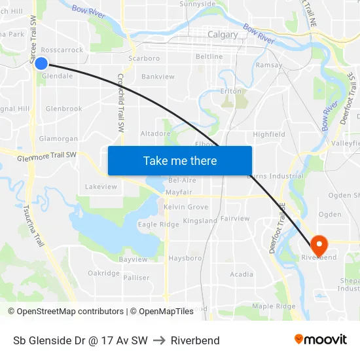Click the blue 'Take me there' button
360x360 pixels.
(180, 160)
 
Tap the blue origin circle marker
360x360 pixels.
(41, 63)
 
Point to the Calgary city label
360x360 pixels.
(223, 35)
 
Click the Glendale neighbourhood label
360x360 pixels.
(57, 76)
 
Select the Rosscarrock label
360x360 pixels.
(62, 50)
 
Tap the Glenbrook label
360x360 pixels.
(63, 109)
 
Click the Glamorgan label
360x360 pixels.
(58, 139)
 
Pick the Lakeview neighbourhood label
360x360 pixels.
(101, 187)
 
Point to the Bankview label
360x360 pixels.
(158, 77)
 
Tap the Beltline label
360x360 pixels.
(209, 57)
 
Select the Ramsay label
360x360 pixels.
(269, 65)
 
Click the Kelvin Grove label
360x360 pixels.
(186, 207)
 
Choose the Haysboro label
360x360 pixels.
(185, 259)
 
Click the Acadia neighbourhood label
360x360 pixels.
(242, 274)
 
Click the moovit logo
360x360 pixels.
(320, 339)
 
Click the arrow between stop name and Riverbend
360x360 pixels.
(159, 340)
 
